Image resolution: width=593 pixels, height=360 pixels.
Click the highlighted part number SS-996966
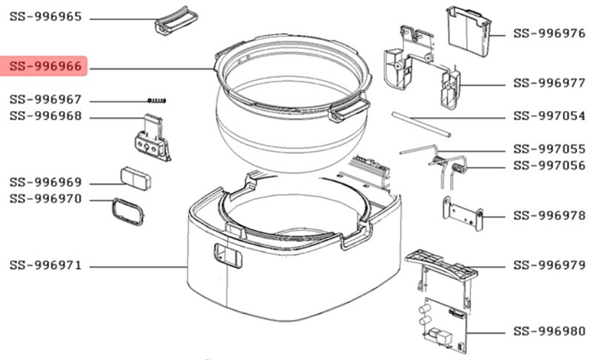[45, 67]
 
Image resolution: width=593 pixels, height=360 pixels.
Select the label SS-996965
[45, 17]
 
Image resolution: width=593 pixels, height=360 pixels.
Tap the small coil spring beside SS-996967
[156, 101]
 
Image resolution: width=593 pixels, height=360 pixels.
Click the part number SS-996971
[45, 265]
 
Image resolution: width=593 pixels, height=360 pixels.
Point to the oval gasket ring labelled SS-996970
[128, 212]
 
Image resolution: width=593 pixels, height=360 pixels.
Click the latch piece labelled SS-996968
[153, 138]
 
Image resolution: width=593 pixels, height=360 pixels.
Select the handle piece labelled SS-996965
[176, 20]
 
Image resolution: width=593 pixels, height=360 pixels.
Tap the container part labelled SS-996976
[468, 31]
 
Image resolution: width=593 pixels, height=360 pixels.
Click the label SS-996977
[549, 83]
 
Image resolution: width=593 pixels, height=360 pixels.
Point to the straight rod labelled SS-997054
[421, 124]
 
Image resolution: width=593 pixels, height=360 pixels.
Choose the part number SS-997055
[549, 149]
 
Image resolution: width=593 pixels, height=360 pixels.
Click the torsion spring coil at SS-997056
[458, 167]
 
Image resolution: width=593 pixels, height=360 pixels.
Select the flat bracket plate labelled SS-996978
[463, 213]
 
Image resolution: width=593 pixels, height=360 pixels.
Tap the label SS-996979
[549, 265]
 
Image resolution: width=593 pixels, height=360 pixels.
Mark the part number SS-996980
[549, 332]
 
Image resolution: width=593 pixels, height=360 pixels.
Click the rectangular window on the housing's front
[228, 256]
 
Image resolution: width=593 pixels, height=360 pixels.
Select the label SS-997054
[549, 116]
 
